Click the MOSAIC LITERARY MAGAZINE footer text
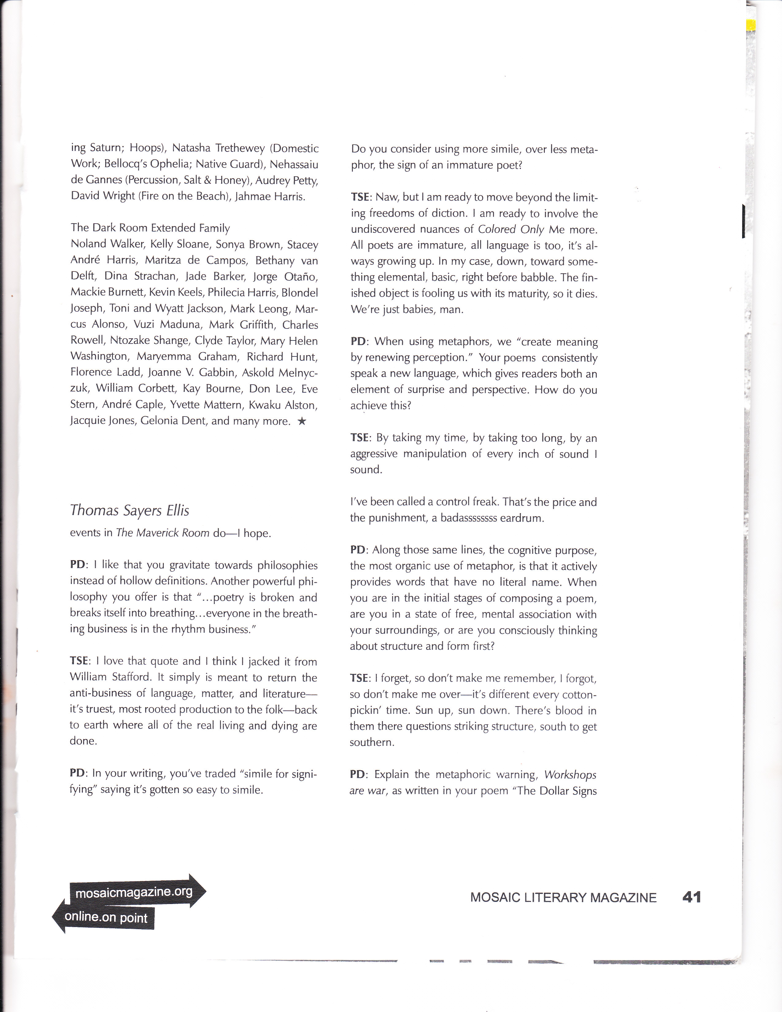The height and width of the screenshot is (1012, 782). click(x=563, y=898)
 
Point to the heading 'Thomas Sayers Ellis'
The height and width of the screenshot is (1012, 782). click(x=129, y=510)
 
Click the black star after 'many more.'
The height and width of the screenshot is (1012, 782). click(x=302, y=421)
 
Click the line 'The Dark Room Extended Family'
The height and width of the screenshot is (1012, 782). click(x=150, y=228)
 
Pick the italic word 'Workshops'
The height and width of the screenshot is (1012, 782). click(x=570, y=775)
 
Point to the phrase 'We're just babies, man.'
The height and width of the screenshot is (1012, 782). click(x=407, y=309)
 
